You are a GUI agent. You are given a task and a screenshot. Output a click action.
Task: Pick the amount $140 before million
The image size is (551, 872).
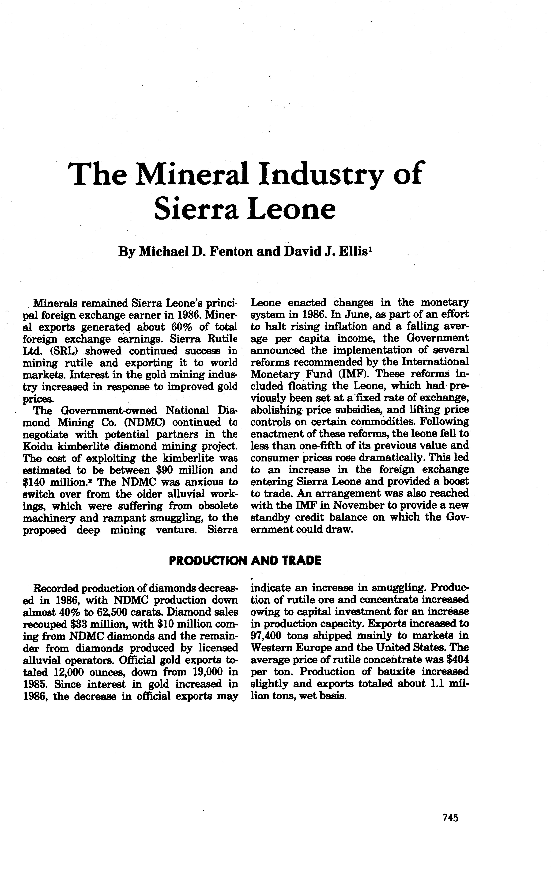35,482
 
